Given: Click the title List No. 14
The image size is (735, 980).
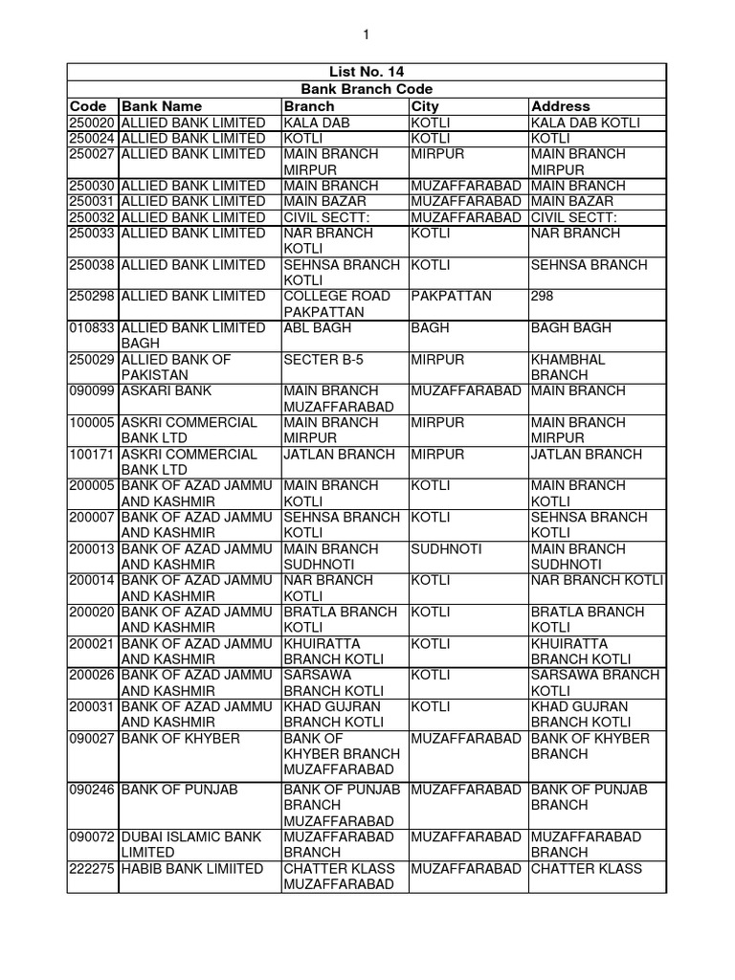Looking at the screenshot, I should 367,72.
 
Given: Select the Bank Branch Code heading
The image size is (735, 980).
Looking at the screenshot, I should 367,89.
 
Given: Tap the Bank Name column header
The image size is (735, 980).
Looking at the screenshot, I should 162,106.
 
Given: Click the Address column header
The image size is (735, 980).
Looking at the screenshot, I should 561,106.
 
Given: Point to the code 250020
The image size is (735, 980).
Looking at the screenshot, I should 92,122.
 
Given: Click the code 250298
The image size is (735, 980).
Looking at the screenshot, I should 92,297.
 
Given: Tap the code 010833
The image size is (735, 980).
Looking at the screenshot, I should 92,328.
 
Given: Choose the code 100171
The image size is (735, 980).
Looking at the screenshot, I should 92,455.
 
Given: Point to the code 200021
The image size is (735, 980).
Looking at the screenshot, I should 92,644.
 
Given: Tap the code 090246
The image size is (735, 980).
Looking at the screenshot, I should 92,790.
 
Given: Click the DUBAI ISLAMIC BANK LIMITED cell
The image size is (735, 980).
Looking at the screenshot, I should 190,844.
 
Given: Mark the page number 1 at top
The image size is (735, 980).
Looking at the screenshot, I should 366,34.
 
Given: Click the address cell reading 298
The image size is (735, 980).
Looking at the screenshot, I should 543,297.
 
